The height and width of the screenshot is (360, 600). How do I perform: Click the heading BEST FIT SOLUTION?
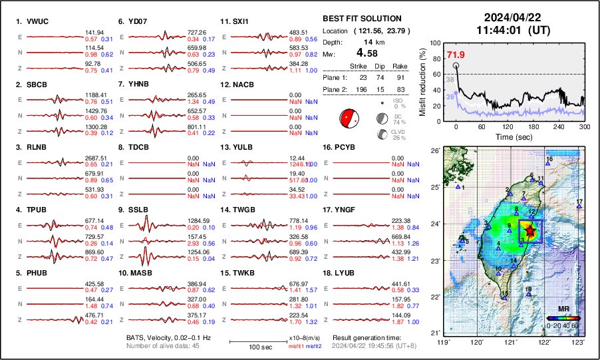pyautogui.click(x=362, y=19)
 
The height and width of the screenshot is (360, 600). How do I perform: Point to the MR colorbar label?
pyautogui.click(x=563, y=309)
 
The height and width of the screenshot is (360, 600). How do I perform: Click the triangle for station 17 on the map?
pyautogui.click(x=579, y=207)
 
